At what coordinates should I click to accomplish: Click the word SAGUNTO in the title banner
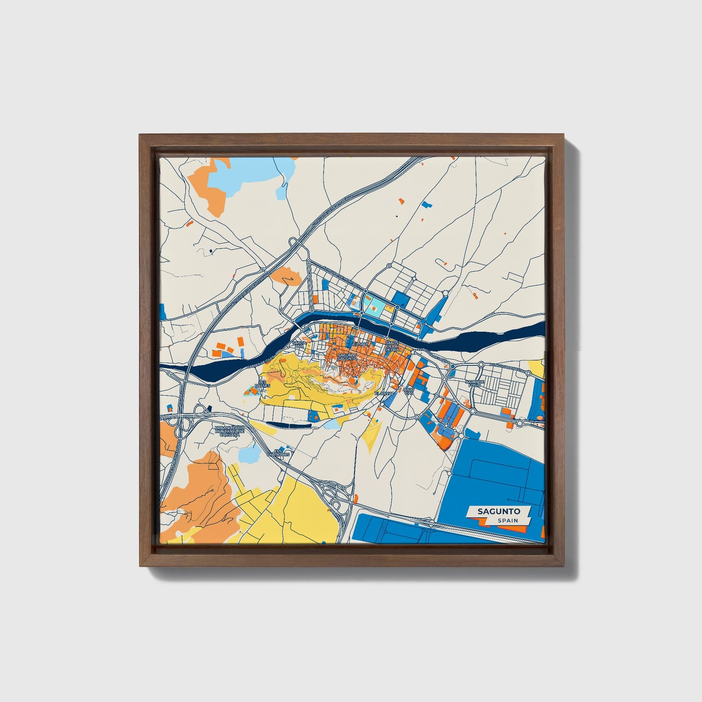coord(498,511)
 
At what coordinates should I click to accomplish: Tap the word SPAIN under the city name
coord(507,520)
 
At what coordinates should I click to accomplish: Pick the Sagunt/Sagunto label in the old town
coord(346,357)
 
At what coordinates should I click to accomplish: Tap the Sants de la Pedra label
coord(392,345)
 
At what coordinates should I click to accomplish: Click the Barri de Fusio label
coord(475,384)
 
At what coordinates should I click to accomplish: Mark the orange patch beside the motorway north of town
coord(286,275)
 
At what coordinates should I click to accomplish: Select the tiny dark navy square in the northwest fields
coord(211,251)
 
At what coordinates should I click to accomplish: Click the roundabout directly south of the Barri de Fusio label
coord(473,411)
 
